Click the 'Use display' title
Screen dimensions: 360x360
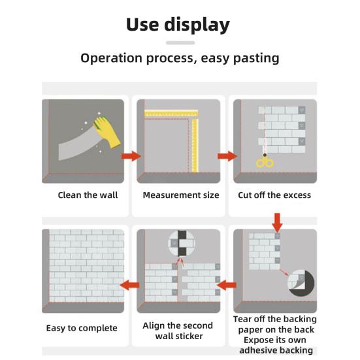pyautogui.click(x=178, y=25)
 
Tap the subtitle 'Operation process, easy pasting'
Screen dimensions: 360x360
pyautogui.click(x=180, y=58)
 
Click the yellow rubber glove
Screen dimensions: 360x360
pyautogui.click(x=107, y=131)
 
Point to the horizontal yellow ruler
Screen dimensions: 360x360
pyautogui.click(x=171, y=114)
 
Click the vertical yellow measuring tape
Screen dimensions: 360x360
pyautogui.click(x=195, y=145)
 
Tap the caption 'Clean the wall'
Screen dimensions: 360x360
pyautogui.click(x=88, y=195)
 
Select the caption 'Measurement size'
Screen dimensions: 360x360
pyautogui.click(x=181, y=195)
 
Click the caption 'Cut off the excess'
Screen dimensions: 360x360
pyautogui.click(x=274, y=195)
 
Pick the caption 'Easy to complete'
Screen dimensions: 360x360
pyautogui.click(x=82, y=328)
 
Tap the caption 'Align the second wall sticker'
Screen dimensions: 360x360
pyautogui.click(x=178, y=331)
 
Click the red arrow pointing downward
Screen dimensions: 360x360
pyautogui.click(x=277, y=223)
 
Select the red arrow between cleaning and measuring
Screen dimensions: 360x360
pyautogui.click(x=131, y=156)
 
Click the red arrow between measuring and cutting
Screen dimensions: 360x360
pyautogui.click(x=227, y=156)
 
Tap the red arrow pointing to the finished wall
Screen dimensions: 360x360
pyautogui.click(x=130, y=285)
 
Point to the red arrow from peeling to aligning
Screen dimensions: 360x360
pyautogui.click(x=226, y=285)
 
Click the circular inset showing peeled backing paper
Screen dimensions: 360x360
pyautogui.click(x=301, y=283)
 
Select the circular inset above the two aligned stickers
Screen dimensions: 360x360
pyautogui.click(x=182, y=243)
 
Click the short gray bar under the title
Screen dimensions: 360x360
pyautogui.click(x=180, y=42)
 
